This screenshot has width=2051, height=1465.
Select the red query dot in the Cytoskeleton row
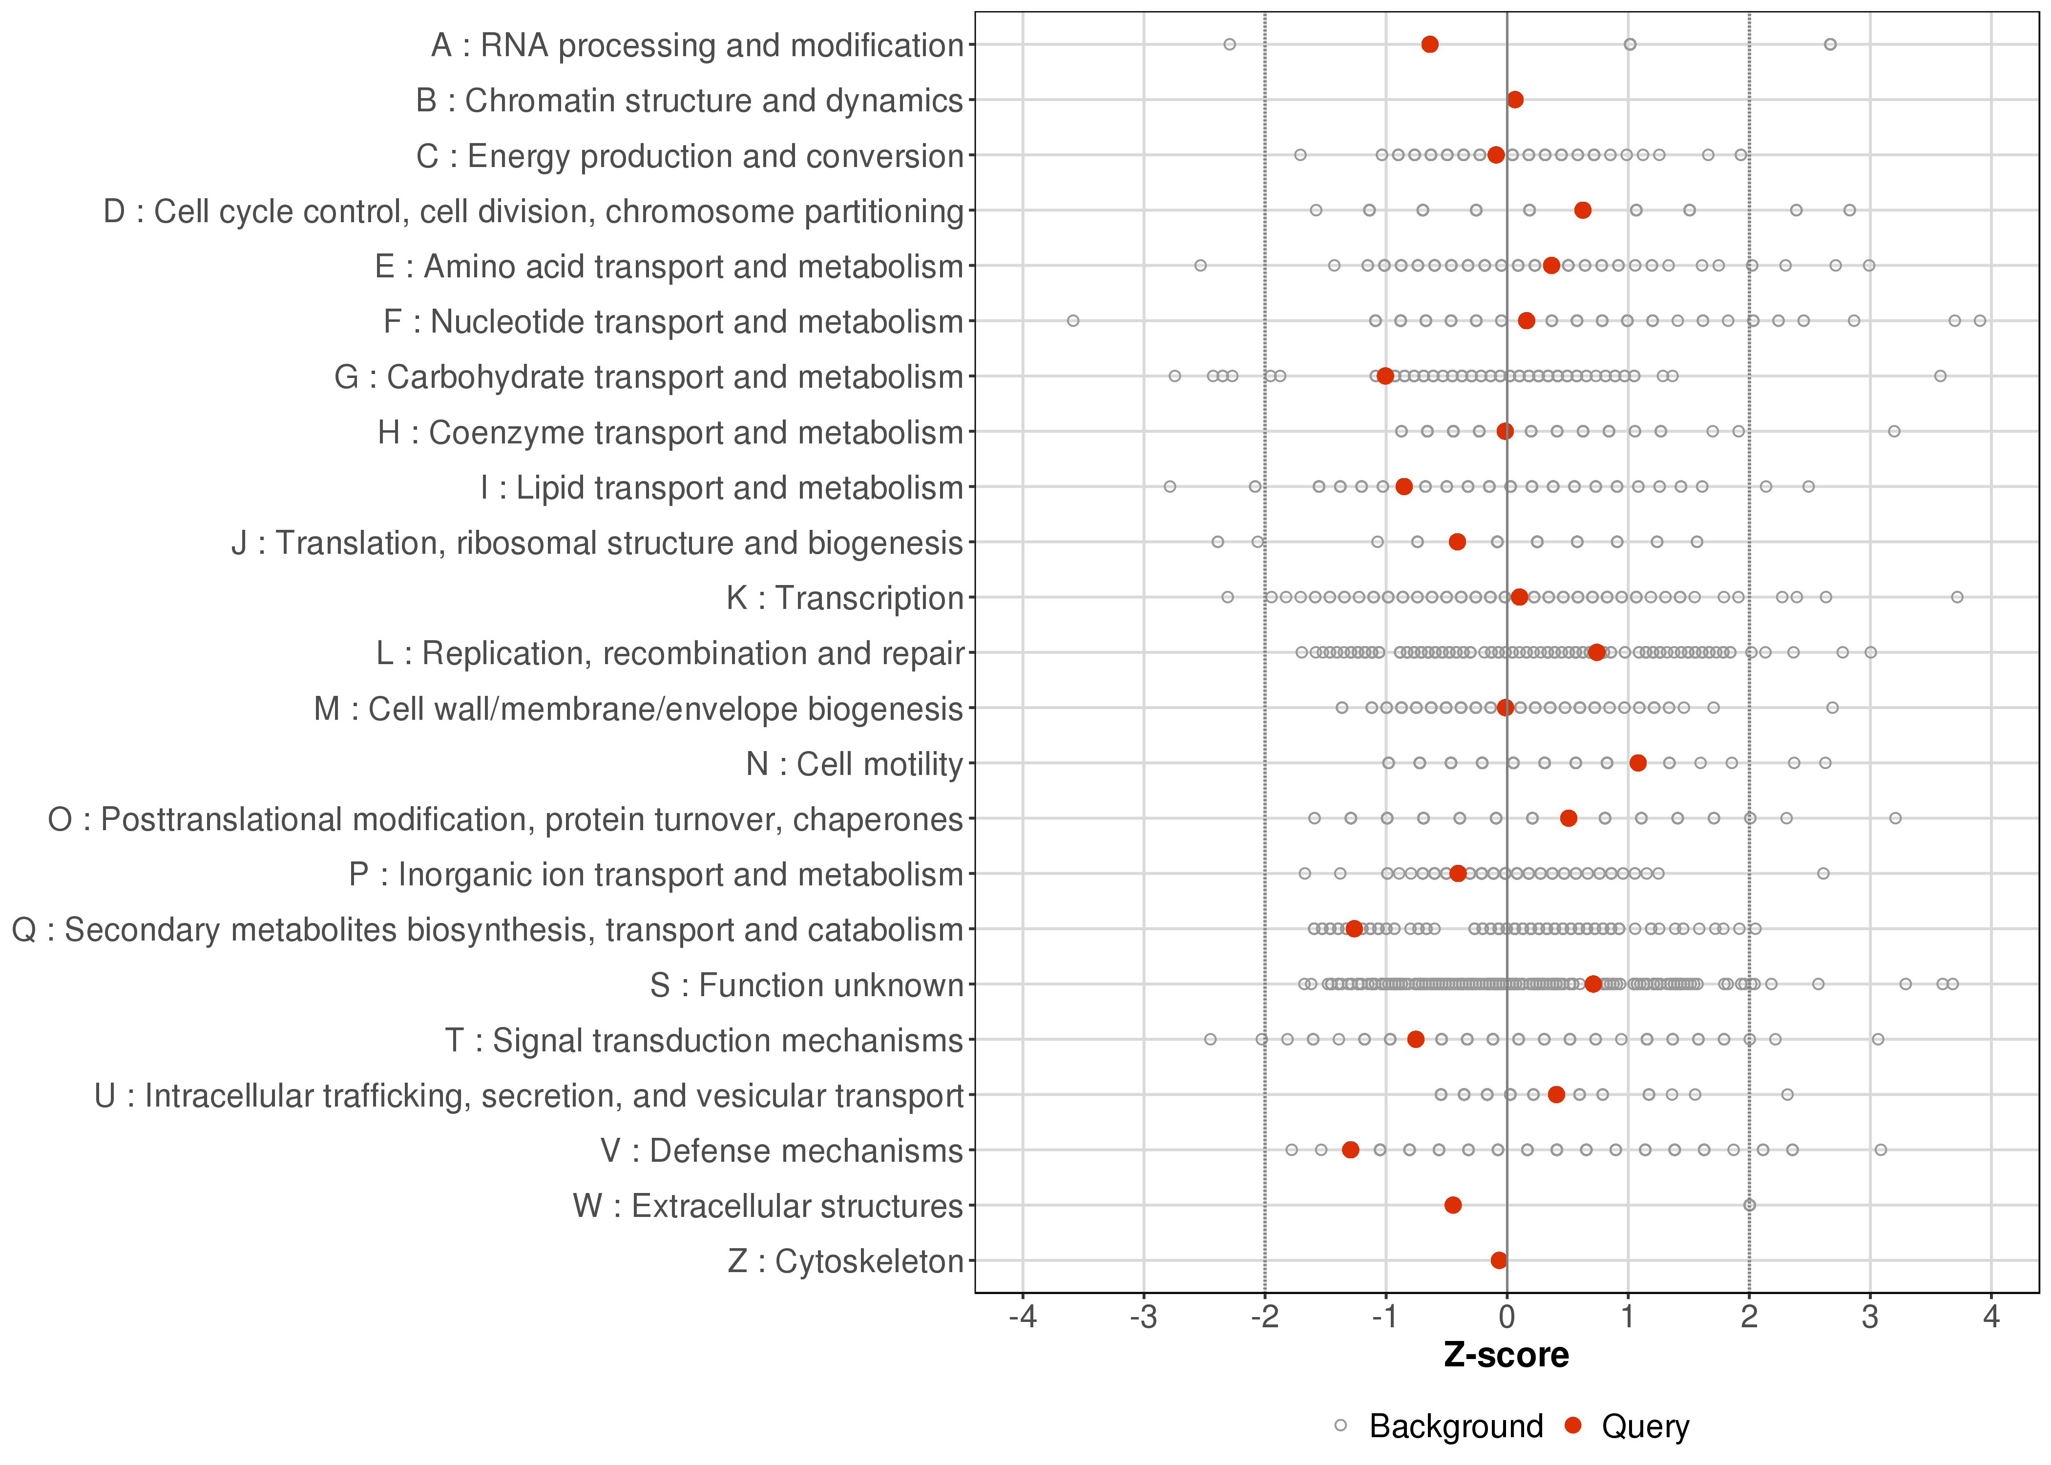(x=1499, y=1260)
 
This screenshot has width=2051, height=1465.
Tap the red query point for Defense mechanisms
(x=1350, y=1150)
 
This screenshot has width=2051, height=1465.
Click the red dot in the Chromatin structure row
(x=1515, y=99)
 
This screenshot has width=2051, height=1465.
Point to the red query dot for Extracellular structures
(x=1453, y=1205)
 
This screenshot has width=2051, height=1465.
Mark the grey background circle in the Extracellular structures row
(x=1750, y=1205)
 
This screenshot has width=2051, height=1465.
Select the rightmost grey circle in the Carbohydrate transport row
(x=1940, y=376)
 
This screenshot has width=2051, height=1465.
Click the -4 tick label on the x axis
(x=1022, y=1318)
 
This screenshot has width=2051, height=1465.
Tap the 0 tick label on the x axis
(x=1507, y=1318)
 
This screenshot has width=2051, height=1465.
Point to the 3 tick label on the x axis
(x=1871, y=1318)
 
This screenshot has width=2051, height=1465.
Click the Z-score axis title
(x=1506, y=1355)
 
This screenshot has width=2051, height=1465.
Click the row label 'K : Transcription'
(x=845, y=598)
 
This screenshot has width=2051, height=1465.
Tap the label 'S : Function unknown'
(x=806, y=985)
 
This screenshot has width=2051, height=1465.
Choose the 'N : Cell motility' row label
(x=854, y=764)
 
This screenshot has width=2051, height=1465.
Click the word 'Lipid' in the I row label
(x=549, y=488)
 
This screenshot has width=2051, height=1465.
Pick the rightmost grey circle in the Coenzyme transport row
(x=1894, y=431)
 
